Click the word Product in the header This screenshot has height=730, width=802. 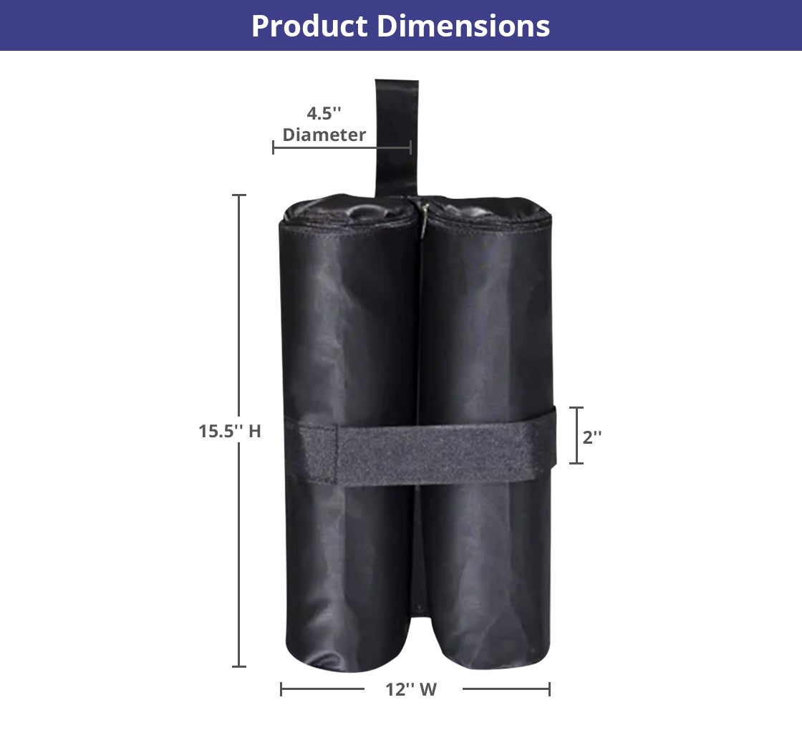coord(309,26)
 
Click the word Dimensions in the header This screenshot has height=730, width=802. coord(463,26)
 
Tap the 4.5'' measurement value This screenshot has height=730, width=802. coord(324,114)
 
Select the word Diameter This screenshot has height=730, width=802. coord(324,135)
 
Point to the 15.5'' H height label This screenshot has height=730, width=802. coord(230,432)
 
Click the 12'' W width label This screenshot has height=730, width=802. coord(411,690)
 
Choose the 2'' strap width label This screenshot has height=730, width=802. coord(592,437)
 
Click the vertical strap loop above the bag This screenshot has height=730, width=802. coord(396,136)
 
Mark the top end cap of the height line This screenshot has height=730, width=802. coord(239,195)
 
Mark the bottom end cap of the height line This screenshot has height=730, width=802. coord(239,666)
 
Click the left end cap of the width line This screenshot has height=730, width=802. coord(281,689)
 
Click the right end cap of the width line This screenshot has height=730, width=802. coord(549,689)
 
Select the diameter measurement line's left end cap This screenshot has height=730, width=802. coord(274,147)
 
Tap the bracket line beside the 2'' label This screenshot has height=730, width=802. coord(576,435)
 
